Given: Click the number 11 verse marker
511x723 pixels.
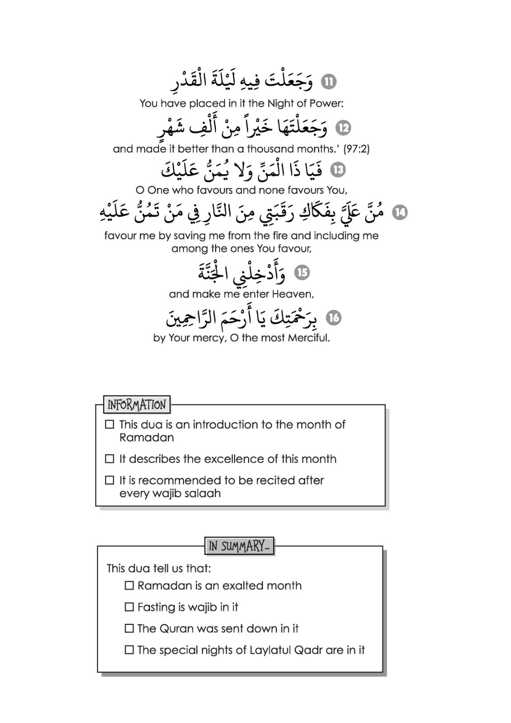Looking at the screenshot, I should point(328,82).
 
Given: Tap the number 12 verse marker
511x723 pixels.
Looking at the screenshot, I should point(343,128).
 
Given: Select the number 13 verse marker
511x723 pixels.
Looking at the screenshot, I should point(338,170).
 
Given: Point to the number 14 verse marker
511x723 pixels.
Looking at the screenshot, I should point(400,212).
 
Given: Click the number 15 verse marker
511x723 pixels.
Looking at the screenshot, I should point(302,272).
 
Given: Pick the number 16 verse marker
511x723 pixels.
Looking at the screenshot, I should point(334,318).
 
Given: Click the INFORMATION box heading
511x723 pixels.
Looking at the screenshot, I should point(136,405).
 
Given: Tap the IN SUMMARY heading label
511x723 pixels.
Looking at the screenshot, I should point(239,546).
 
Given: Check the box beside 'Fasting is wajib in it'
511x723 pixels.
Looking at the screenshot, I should point(129,607).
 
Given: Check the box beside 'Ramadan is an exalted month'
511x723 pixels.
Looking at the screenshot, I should point(129,586).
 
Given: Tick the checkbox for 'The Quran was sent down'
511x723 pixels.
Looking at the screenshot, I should point(129,629).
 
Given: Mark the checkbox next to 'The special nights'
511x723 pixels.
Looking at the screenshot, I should point(129,650).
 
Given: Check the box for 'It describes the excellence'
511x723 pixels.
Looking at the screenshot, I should point(109,459).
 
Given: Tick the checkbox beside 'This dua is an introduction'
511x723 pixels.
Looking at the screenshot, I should point(109,424).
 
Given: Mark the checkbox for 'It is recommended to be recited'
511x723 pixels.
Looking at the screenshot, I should point(109,480).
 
